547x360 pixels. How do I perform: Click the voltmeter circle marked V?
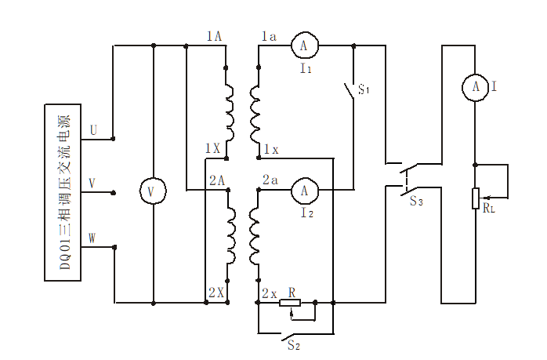coord(153,191)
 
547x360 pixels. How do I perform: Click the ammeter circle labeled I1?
coord(303,47)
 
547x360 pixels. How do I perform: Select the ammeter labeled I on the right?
coord(475,88)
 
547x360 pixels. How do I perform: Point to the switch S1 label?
coord(364,90)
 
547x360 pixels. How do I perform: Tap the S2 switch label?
coord(292,344)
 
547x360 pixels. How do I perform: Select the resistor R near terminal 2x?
coord(291,302)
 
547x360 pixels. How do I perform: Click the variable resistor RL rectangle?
coord(475,199)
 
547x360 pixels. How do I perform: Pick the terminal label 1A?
coord(214,36)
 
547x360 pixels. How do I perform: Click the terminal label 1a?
coord(268,36)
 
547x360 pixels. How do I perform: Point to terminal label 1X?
coord(212,147)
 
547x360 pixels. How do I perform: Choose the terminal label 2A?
coord(217,180)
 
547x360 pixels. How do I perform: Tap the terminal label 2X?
coord(216,293)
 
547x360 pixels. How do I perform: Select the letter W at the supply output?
coord(93,238)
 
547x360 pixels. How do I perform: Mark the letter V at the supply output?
coord(93,183)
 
